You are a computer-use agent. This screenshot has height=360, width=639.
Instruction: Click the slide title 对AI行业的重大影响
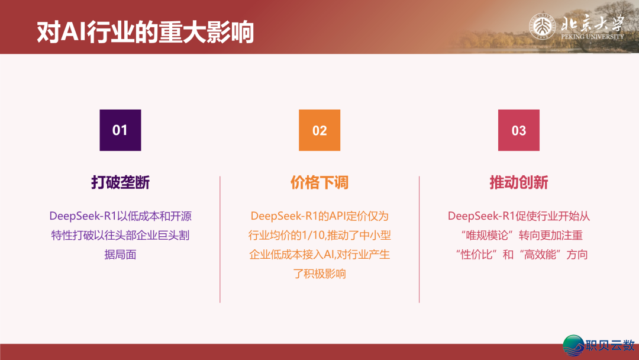click(145, 33)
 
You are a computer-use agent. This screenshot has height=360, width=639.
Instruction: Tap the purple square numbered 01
click(120, 130)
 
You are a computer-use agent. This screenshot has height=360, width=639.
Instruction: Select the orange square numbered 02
click(319, 130)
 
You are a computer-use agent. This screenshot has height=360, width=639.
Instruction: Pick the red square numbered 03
click(518, 130)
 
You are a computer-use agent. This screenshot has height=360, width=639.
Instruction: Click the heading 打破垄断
click(120, 182)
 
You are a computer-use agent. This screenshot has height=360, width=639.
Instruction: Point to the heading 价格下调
click(319, 182)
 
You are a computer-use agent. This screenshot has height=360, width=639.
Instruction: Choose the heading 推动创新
click(518, 182)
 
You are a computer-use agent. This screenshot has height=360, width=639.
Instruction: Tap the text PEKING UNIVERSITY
click(592, 37)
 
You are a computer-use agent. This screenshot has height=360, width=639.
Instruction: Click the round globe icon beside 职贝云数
click(573, 346)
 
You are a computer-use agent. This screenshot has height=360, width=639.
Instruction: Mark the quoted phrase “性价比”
click(477, 255)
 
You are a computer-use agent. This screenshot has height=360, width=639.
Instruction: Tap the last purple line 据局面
click(120, 255)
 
